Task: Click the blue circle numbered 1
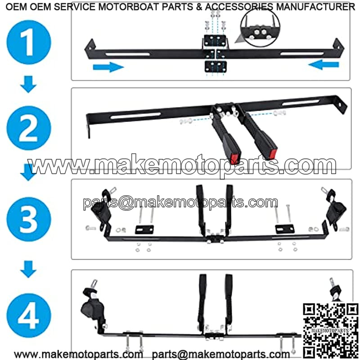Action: click(29, 42)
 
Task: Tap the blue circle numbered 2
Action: click(29, 128)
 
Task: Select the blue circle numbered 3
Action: click(29, 219)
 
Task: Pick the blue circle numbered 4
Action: click(29, 315)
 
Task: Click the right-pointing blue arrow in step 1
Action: click(108, 67)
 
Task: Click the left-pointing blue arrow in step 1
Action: click(324, 65)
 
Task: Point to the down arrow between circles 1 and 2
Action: click(28, 84)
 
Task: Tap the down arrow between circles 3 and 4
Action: click(28, 269)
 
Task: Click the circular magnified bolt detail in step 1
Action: click(260, 27)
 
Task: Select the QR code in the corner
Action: click(331, 331)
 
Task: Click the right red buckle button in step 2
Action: click(273, 153)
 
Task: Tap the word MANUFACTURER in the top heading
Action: click(315, 7)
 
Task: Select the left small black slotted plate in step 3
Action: click(144, 229)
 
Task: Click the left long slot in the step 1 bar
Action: click(128, 54)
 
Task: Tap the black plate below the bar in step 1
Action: click(216, 67)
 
